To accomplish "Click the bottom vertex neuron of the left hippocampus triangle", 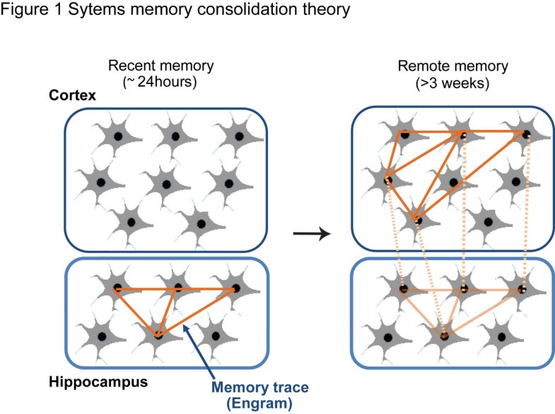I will click(x=158, y=333).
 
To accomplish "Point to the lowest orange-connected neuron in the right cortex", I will click(x=418, y=220).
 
